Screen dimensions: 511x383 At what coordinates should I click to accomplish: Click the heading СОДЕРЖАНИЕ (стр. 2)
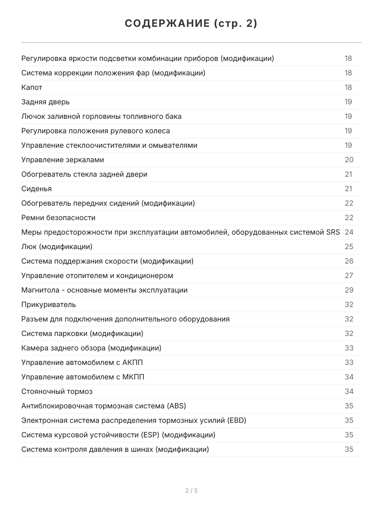(x=191, y=24)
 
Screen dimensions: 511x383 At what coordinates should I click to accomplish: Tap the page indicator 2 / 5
(x=191, y=491)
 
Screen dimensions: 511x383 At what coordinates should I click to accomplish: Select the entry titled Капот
(x=32, y=87)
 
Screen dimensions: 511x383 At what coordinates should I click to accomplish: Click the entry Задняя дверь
(x=46, y=102)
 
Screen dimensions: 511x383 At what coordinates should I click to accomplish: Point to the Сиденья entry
(x=37, y=189)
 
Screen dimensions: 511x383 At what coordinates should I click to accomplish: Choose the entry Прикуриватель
(x=49, y=304)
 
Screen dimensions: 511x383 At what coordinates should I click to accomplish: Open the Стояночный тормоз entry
(x=57, y=391)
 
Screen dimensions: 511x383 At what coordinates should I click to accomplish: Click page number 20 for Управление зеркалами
(x=349, y=160)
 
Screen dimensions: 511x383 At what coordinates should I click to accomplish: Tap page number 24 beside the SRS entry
(x=349, y=232)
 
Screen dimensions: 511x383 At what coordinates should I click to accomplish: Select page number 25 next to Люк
(x=349, y=247)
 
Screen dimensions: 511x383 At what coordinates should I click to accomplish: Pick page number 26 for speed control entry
(x=349, y=261)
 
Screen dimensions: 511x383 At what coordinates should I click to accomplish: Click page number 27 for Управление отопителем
(x=349, y=276)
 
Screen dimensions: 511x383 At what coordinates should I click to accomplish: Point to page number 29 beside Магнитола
(x=349, y=290)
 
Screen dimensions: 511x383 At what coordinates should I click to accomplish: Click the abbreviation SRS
(x=332, y=232)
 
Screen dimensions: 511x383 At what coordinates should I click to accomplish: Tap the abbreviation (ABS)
(x=177, y=406)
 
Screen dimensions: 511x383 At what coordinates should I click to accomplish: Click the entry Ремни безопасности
(x=58, y=218)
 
